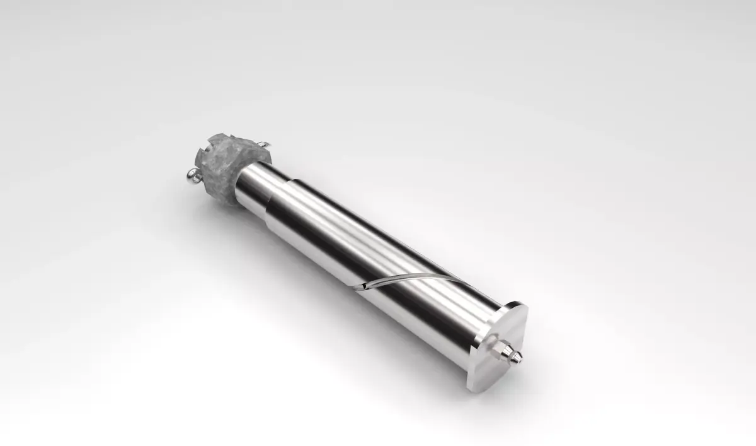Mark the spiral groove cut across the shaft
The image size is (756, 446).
coord(409,278)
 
